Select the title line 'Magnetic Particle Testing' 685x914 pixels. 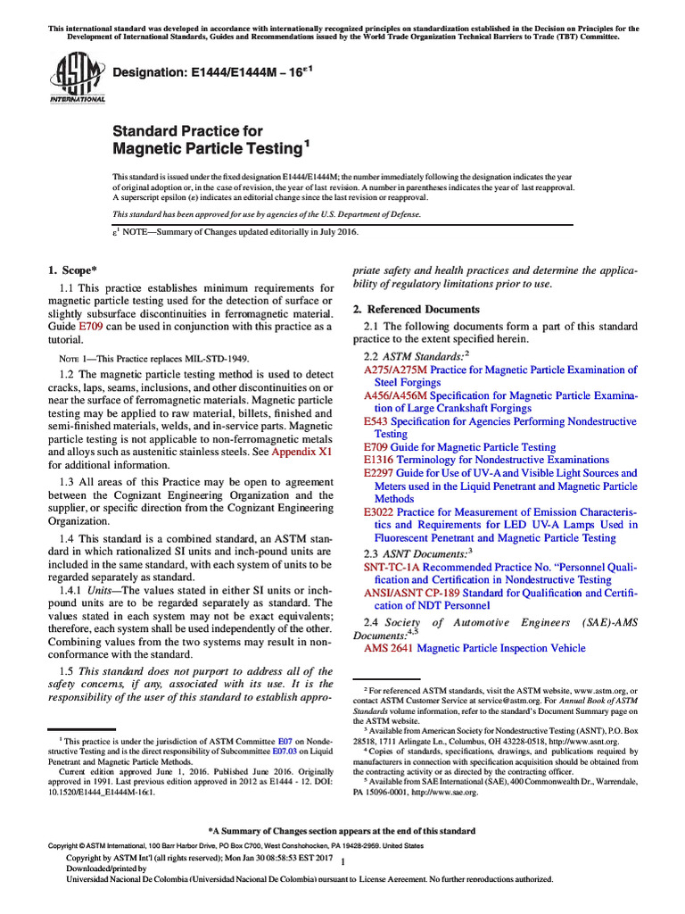coord(208,147)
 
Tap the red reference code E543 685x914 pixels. coord(376,421)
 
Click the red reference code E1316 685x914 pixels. coord(379,460)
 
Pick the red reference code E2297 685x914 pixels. coord(379,473)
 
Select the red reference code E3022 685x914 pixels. coord(379,512)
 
